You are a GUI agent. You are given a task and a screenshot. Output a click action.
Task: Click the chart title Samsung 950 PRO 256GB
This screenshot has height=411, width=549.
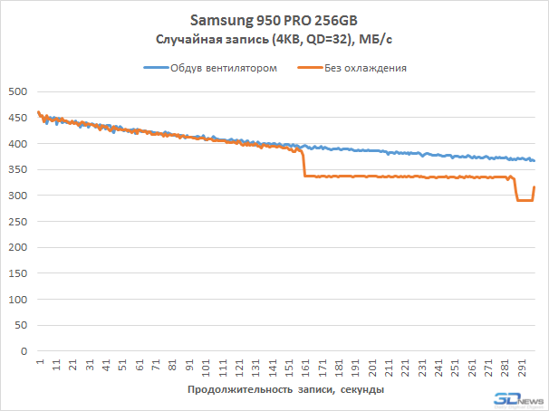pyautogui.click(x=274, y=20)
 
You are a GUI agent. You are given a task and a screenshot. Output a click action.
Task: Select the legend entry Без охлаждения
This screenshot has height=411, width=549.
pyautogui.click(x=365, y=67)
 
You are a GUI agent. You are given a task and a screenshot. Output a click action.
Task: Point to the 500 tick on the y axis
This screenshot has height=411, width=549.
pyautogui.click(x=18, y=91)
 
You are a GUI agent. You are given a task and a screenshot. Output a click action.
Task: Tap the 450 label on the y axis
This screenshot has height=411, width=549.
pyautogui.click(x=18, y=118)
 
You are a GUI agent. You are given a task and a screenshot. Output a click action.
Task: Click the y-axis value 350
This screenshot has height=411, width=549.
pyautogui.click(x=18, y=169)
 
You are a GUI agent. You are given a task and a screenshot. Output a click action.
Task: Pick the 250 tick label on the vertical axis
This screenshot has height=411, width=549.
pyautogui.click(x=18, y=222)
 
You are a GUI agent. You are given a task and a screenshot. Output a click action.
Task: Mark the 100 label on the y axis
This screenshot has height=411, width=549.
pyautogui.click(x=18, y=300)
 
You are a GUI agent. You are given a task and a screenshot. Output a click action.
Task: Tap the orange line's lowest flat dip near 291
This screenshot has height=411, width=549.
pyautogui.click(x=524, y=200)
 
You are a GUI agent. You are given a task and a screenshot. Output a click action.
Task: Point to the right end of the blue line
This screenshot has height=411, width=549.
pyautogui.click(x=535, y=160)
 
